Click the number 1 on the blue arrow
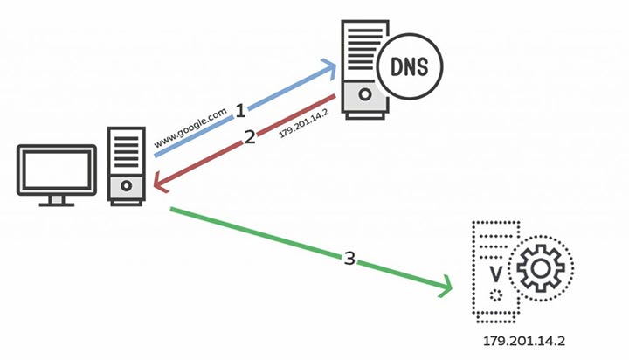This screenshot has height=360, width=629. tap(241, 112)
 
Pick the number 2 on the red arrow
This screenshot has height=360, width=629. tap(249, 139)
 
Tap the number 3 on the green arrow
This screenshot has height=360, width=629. tap(349, 259)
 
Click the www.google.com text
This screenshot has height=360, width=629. tap(191, 128)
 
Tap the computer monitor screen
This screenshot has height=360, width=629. tap(57, 169)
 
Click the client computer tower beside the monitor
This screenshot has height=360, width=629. tap(126, 165)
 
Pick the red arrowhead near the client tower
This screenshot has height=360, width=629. tap(158, 182)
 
